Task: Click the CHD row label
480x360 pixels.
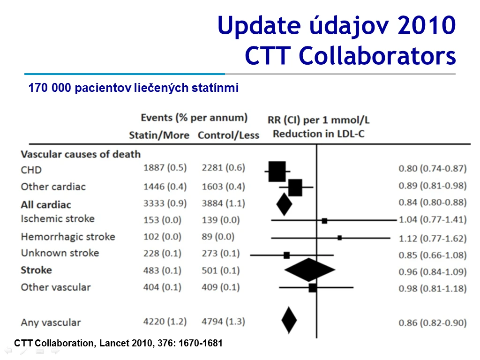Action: pos(31,170)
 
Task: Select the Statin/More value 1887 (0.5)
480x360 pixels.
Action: pos(165,168)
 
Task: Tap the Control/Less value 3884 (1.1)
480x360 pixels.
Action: pos(224,203)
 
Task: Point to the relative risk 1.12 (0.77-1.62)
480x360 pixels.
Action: pos(433,238)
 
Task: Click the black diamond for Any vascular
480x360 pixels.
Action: pos(289,320)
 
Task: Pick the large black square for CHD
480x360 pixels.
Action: pos(277,172)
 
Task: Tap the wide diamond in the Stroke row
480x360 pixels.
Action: pos(309,270)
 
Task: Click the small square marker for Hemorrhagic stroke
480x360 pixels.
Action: pos(339,238)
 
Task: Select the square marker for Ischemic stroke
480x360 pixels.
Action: pos(324,221)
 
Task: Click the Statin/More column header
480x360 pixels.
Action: pos(159,135)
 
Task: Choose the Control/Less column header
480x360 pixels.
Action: pos(228,135)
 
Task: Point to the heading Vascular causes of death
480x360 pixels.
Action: pos(81,154)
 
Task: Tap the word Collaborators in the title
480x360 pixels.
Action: pos(377,56)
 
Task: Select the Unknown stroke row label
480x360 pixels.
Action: pos(60,253)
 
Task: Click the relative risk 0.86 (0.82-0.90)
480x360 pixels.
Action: pos(433,322)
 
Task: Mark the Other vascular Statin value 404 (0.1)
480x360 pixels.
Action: pos(162,287)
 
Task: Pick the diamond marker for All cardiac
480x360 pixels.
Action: pos(284,204)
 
